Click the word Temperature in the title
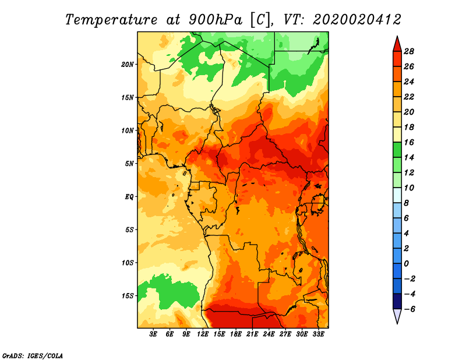(x=111, y=20)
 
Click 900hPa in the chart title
(x=215, y=20)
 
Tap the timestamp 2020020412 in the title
(x=356, y=20)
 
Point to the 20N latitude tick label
(x=128, y=64)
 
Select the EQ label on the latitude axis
(x=129, y=197)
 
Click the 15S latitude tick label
(x=128, y=296)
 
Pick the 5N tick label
(x=129, y=164)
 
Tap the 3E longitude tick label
(x=153, y=334)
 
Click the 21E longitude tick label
(x=252, y=334)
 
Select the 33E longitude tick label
(x=318, y=334)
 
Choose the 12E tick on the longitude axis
(x=203, y=334)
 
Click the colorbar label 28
(x=409, y=51)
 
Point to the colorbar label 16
(x=409, y=142)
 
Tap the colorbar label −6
(x=409, y=309)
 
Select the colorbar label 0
(x=406, y=264)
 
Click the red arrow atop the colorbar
(x=397, y=44)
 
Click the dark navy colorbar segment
(x=397, y=301)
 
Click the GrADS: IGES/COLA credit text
(x=33, y=355)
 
